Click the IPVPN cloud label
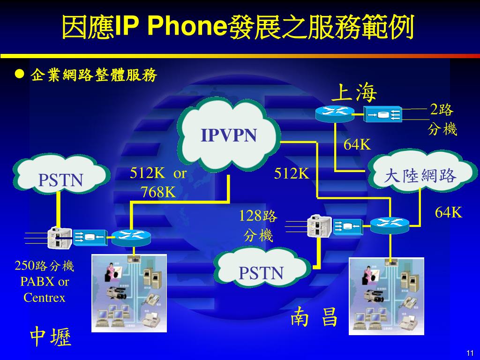tap(229, 135)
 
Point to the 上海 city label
tap(354, 92)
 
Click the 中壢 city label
tap(51, 337)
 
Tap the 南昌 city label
tap(314, 317)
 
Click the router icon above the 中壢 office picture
tap(130, 237)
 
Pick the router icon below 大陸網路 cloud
tap(390, 225)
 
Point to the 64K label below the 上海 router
tap(357, 145)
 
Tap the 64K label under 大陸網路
tap(449, 212)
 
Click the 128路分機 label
tap(258, 225)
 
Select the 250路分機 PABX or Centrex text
tap(45, 282)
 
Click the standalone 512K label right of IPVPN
tap(292, 174)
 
